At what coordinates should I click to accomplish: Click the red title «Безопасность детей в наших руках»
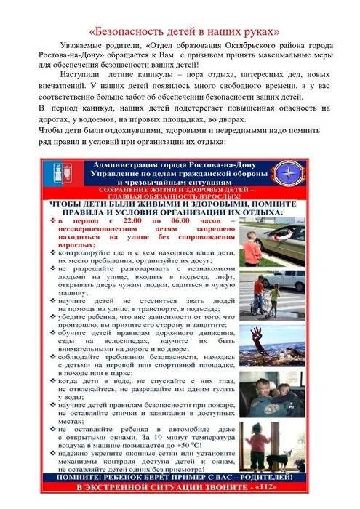point(179,32)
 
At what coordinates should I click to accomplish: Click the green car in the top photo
point(287,251)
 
